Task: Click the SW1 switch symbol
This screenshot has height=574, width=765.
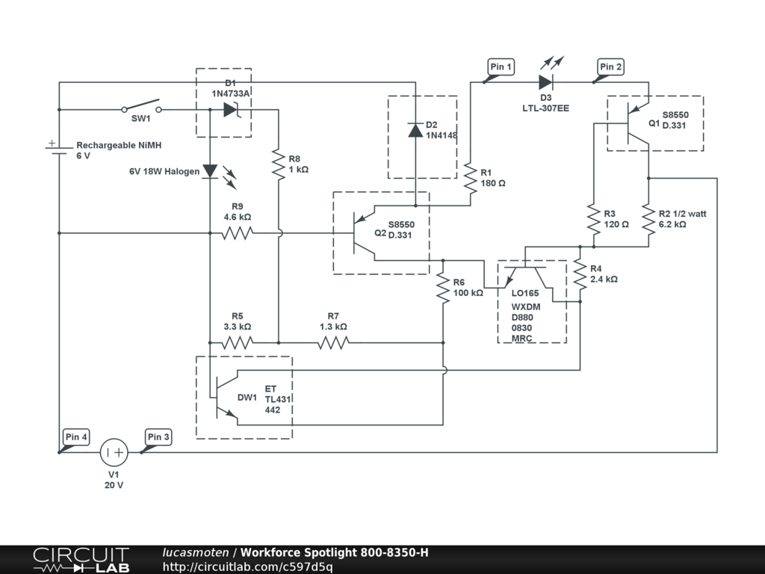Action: (x=142, y=108)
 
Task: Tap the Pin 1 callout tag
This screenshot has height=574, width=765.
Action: (x=501, y=67)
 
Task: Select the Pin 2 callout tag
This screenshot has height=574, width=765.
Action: (x=610, y=67)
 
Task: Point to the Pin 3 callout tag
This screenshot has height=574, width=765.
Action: (x=158, y=437)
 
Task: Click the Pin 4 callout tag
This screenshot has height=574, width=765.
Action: (x=76, y=437)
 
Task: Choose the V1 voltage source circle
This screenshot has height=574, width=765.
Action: (x=114, y=452)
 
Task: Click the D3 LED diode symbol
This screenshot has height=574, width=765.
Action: (x=546, y=82)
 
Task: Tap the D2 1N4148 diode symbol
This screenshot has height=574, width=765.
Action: (x=415, y=130)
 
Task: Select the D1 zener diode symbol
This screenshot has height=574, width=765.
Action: (x=230, y=110)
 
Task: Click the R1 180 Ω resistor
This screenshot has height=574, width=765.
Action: (x=471, y=177)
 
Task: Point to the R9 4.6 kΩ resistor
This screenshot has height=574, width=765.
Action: (x=238, y=233)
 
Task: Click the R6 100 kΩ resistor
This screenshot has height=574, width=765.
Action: (x=443, y=288)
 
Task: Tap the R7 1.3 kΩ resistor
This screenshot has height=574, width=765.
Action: (x=333, y=343)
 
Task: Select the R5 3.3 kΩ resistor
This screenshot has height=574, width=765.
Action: (x=238, y=343)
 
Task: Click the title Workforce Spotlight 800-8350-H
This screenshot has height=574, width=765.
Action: (x=335, y=553)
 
